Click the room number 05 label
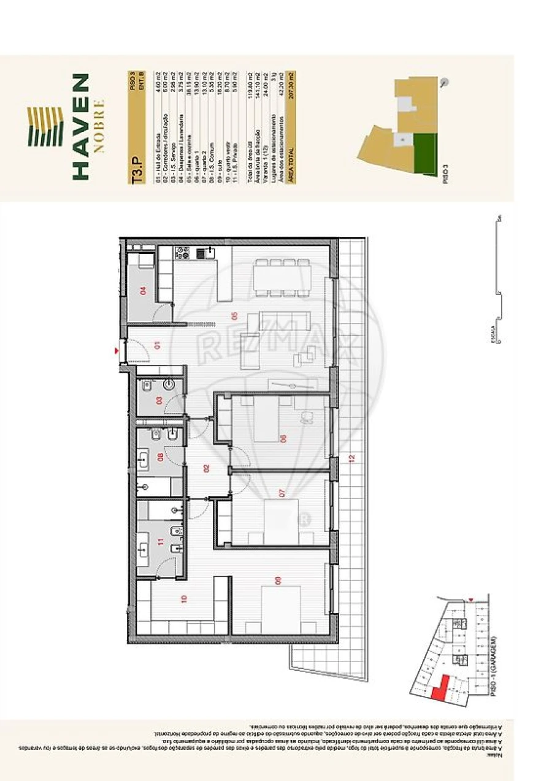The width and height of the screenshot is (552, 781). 234,316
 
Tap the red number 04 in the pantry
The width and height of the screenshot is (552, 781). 144,290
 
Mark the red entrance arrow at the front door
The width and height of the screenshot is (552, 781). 117,351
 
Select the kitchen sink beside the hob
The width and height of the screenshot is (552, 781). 205,252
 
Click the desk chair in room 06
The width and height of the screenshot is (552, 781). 305,417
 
